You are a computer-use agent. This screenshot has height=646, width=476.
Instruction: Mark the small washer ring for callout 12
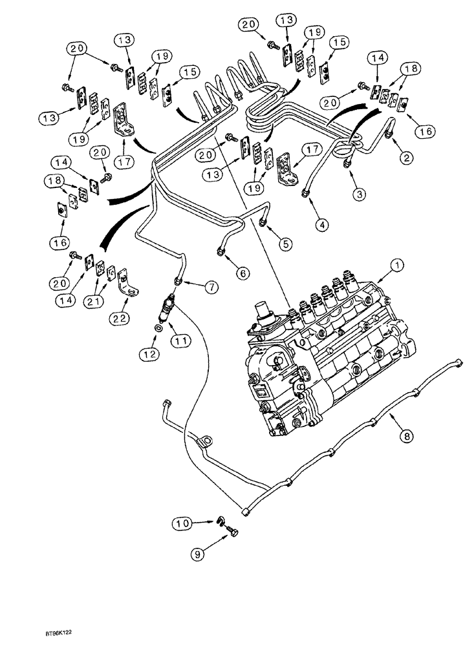pyautogui.click(x=158, y=329)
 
